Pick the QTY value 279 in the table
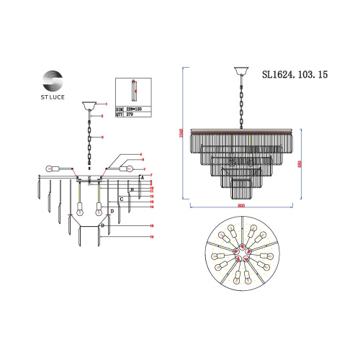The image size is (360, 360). (132, 113)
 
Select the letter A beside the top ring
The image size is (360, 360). (143, 176)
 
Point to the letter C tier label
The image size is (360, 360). (122, 198)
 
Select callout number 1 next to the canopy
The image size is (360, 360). (105, 104)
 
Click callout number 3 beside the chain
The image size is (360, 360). (104, 137)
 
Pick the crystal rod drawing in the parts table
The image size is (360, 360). (132, 90)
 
